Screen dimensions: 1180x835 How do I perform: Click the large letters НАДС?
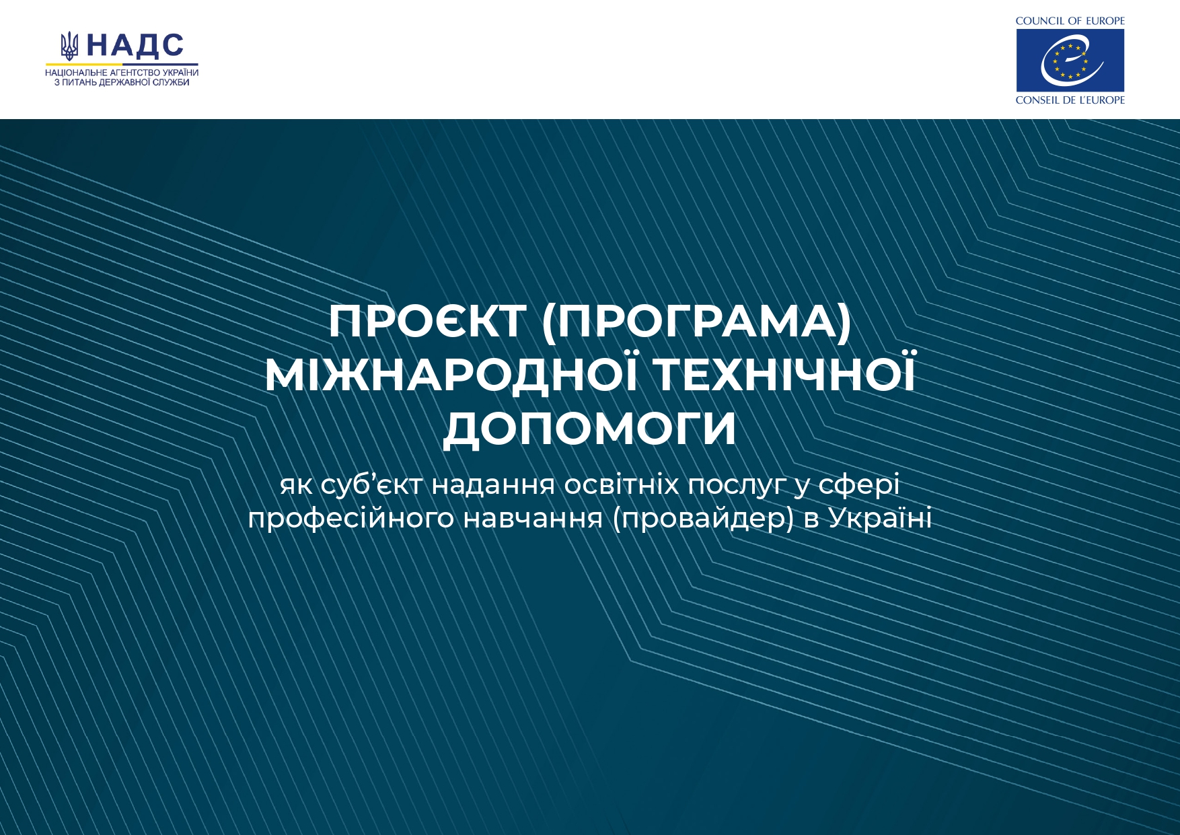[x=135, y=45]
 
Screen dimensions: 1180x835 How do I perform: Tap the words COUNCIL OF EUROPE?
[x=1070, y=21]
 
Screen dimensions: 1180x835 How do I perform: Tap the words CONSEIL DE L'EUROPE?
[x=1070, y=100]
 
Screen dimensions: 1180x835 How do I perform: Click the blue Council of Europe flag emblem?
[x=1070, y=60]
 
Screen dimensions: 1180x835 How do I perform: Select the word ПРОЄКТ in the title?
[x=427, y=322]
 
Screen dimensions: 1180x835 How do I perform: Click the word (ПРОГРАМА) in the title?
[x=697, y=322]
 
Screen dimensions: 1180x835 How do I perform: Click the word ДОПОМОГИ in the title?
[x=590, y=429]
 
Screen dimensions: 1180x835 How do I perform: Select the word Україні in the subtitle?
[x=880, y=518]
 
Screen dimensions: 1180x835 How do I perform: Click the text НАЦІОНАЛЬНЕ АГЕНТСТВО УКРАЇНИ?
[x=122, y=73]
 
